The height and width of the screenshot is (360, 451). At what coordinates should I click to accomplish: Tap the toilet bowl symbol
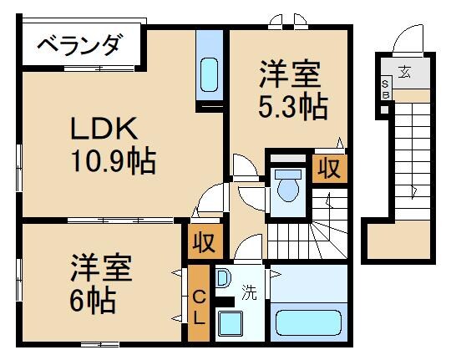pos(288,185)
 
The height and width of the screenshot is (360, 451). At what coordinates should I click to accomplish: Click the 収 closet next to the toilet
pos(329,169)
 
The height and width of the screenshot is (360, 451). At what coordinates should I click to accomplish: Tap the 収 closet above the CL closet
pos(204,241)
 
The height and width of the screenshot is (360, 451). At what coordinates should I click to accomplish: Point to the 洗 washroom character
pos(249,293)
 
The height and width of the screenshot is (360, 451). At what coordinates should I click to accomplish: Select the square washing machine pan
pos(230,322)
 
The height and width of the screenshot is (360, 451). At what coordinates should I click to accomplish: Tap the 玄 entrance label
pos(404,71)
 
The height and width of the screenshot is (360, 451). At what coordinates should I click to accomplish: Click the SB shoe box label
pos(385,89)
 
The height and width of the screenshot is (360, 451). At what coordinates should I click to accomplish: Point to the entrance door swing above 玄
pos(408,39)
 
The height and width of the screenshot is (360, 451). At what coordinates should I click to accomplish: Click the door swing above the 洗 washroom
pos(248,248)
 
